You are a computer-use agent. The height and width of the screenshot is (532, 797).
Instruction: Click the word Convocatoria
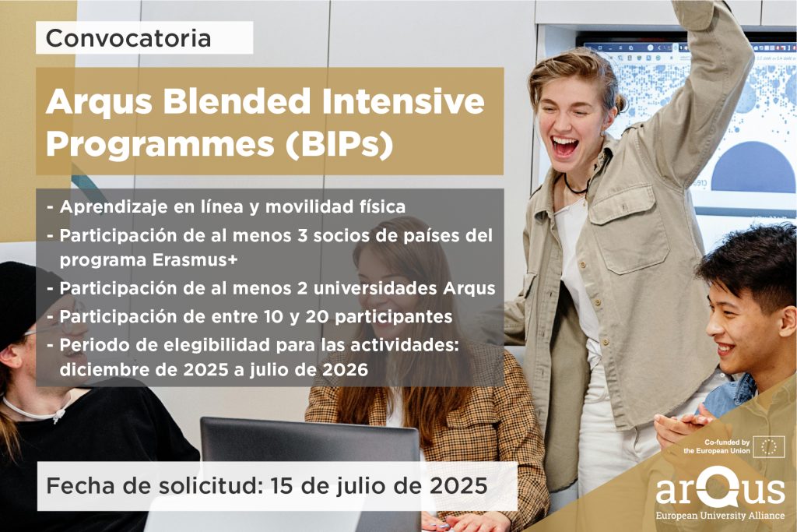(128, 38)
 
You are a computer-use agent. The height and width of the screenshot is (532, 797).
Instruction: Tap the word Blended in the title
(237, 101)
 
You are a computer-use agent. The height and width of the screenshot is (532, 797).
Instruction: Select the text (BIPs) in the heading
(339, 145)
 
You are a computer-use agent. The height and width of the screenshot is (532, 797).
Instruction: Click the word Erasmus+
(195, 260)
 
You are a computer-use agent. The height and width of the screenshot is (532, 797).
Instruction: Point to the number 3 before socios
(303, 235)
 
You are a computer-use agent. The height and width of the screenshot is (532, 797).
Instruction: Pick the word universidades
(375, 288)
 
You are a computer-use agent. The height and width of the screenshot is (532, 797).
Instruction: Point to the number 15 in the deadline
(283, 486)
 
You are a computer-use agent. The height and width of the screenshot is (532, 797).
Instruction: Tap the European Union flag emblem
(768, 447)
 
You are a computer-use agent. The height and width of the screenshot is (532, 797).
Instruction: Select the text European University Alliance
(720, 516)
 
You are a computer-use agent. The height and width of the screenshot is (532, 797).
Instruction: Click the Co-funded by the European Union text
(717, 446)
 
